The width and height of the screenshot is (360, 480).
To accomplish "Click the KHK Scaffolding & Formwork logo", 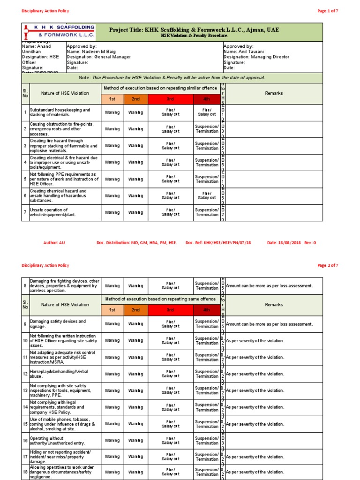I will pyautogui.click(x=59, y=31).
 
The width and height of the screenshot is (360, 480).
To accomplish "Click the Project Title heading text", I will pyautogui.click(x=194, y=30).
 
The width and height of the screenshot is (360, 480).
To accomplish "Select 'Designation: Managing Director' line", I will pyautogui.click(x=256, y=57).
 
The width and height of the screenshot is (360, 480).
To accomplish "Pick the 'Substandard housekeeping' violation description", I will pyautogui.click(x=60, y=112).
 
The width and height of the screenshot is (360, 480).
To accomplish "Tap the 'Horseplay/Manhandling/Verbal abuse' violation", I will pyautogui.click(x=59, y=374).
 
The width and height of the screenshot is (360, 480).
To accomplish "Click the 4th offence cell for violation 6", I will pyautogui.click(x=207, y=195).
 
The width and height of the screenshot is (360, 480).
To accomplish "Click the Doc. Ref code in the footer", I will pyautogui.click(x=218, y=242).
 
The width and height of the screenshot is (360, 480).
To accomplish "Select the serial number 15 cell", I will pyautogui.click(x=25, y=424).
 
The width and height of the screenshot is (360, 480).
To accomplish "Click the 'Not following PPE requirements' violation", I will pyautogui.click(x=63, y=179).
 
